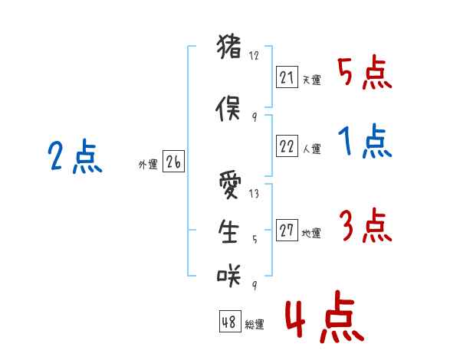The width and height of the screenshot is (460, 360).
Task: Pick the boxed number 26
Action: click(173, 162)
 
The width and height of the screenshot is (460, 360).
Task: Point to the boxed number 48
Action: click(229, 322)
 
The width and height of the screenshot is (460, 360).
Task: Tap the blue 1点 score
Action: click(364, 142)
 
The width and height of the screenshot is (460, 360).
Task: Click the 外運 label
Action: click(147, 164)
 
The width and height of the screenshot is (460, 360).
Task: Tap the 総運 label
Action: click(255, 325)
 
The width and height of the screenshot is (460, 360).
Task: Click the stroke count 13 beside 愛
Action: click(254, 195)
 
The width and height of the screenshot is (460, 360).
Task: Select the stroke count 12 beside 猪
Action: click(255, 56)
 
